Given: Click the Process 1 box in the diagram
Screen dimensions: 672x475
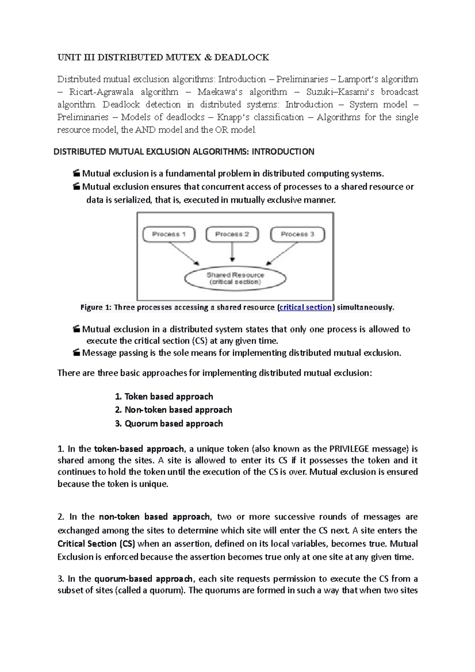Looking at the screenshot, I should [x=169, y=234].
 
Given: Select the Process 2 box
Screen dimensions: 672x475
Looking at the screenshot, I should [x=232, y=234].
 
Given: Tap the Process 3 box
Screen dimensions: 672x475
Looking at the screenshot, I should [x=297, y=234].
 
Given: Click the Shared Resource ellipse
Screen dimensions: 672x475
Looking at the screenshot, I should [x=235, y=278].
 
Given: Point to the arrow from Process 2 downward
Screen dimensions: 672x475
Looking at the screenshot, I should [x=232, y=251].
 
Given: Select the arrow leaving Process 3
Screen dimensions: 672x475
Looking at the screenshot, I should [x=282, y=253].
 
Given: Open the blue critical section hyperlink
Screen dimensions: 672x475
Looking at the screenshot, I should [x=305, y=307].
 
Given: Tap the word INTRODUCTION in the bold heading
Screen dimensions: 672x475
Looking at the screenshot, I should [x=283, y=152].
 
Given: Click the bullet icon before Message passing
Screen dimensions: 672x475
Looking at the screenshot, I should [x=76, y=353].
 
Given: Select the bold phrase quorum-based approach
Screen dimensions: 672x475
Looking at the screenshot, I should [x=143, y=579].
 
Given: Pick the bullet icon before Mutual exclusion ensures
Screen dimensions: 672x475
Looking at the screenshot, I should [x=76, y=187].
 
